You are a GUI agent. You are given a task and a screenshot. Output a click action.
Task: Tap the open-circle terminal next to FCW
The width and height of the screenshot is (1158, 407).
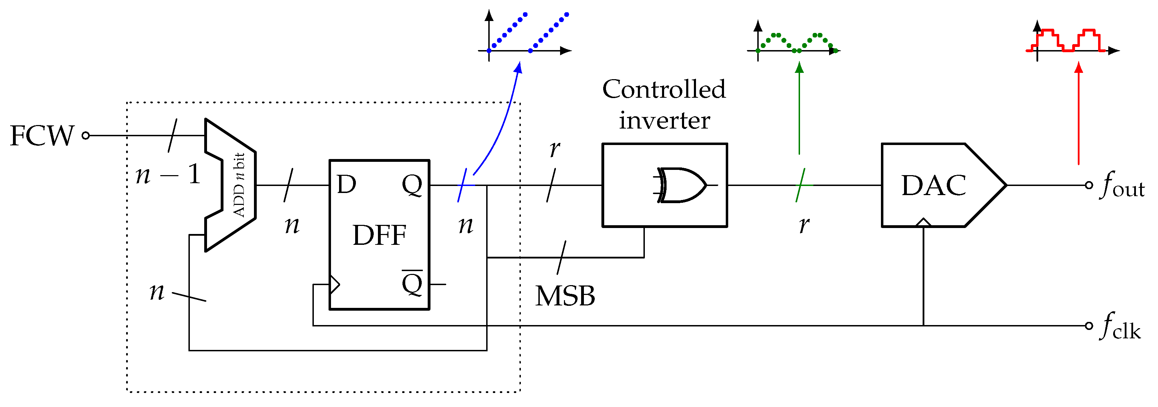coord(86,135)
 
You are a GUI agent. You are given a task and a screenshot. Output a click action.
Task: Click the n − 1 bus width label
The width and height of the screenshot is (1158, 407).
coord(168,174)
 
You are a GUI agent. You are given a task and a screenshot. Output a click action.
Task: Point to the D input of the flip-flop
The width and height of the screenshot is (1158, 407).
coord(346,184)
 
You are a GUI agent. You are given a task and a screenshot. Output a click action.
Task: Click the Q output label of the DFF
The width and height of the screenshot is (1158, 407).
coord(412,184)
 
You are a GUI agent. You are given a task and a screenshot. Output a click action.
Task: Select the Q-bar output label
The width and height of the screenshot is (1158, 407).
coord(412,283)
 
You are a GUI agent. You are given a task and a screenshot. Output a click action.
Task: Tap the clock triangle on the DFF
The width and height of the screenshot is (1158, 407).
coord(335,284)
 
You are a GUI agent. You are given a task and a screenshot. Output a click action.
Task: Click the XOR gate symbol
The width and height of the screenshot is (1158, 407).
coord(681,185)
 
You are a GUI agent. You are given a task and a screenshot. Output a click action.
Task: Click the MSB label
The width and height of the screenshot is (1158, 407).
coord(565,296)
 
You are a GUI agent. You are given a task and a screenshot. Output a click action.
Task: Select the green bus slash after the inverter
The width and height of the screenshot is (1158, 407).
coord(800,185)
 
